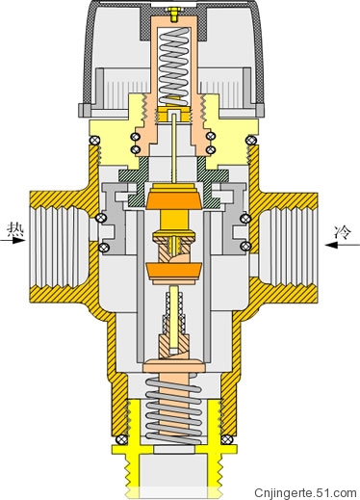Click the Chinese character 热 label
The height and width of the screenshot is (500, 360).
point(15,230)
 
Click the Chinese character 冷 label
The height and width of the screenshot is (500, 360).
point(343,232)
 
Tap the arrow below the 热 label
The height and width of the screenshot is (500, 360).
point(13,241)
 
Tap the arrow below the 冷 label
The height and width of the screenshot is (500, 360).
point(343,245)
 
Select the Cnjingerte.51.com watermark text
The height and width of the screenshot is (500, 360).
point(305,492)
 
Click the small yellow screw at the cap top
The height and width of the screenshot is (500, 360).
point(173,14)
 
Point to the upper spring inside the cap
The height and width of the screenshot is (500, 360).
point(173,66)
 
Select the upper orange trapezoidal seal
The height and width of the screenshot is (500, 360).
point(173,197)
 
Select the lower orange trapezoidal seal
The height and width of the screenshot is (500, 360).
point(173,271)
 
